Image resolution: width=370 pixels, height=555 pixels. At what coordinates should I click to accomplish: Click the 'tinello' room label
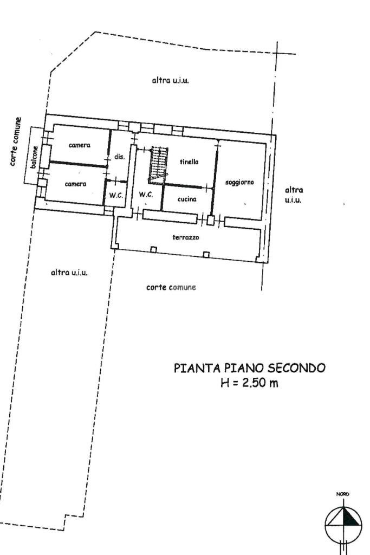[x=189, y=162]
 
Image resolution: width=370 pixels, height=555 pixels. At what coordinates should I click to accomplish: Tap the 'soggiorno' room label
[x=239, y=183]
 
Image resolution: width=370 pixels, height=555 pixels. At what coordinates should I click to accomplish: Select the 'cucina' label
[x=186, y=199]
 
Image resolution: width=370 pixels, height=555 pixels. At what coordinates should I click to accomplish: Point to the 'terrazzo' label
[x=186, y=237]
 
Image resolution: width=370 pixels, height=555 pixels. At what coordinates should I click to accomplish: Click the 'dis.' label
[x=120, y=156]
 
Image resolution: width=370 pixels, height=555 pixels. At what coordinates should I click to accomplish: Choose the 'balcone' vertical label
[x=35, y=159]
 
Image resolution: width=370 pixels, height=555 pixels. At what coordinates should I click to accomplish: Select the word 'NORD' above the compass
[x=342, y=494]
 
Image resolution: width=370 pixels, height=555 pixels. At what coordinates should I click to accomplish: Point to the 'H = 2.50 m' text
[x=249, y=384]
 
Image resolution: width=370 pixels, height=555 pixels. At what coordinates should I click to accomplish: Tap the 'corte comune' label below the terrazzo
[x=171, y=287]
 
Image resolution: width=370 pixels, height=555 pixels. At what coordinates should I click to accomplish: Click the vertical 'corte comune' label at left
[x=18, y=142]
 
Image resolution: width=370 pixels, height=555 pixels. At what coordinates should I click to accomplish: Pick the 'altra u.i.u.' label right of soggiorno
[x=294, y=195]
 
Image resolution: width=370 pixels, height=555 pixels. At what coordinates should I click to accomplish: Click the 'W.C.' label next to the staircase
[x=146, y=194]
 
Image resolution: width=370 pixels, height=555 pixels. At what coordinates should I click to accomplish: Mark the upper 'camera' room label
[x=79, y=145]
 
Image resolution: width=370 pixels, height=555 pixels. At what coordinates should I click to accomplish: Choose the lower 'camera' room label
[x=75, y=184]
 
